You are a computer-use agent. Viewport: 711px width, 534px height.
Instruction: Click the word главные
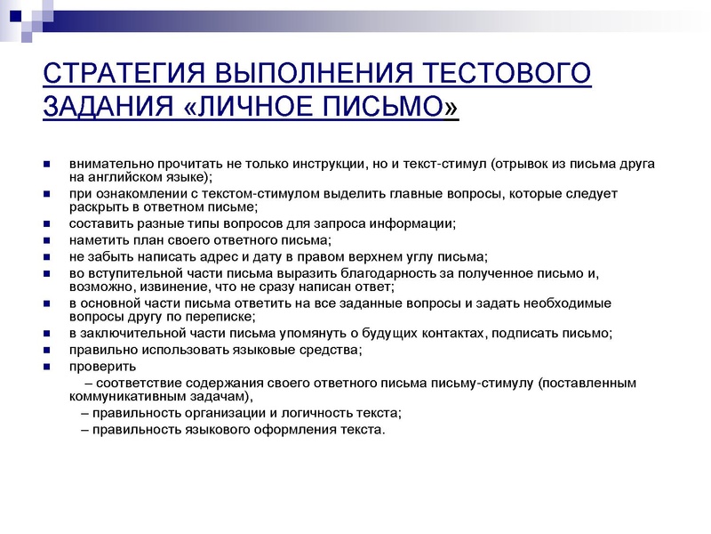[x=387, y=194]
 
